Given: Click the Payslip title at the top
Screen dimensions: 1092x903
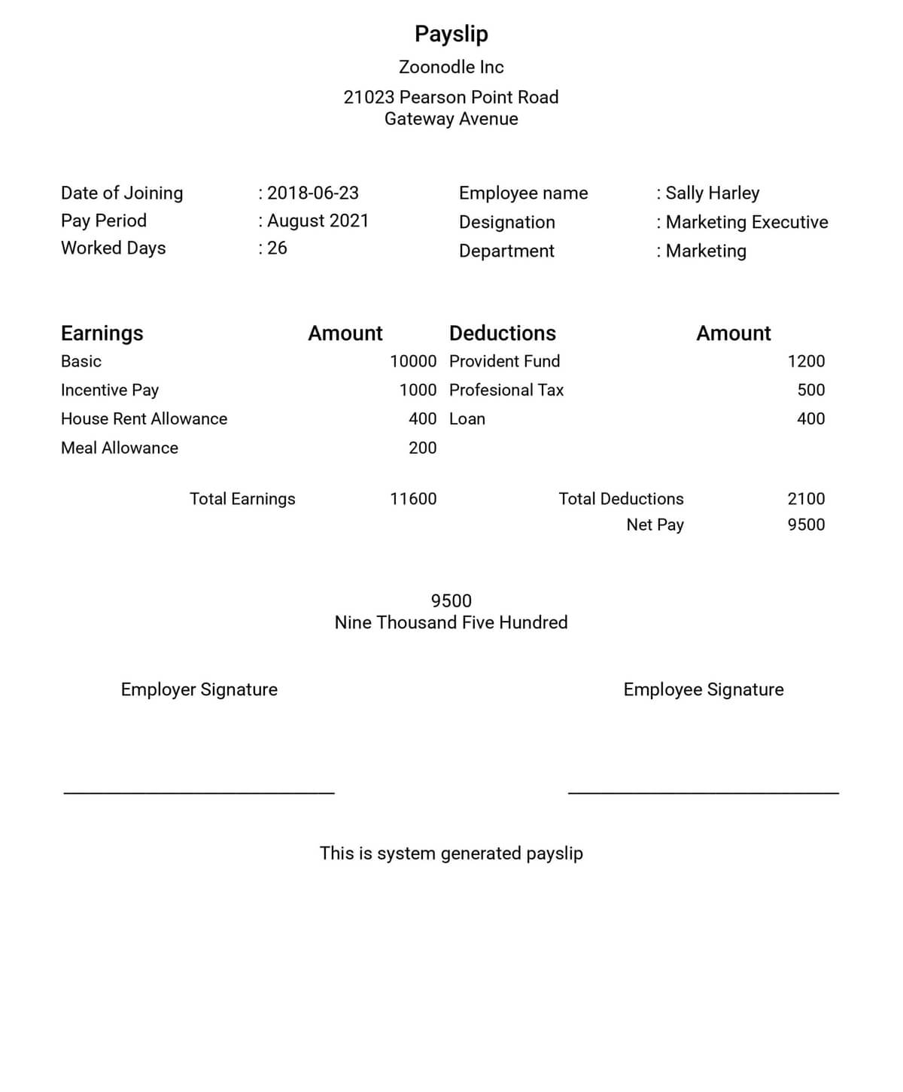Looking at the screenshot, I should point(451,34).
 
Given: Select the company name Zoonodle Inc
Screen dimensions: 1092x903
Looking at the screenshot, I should point(451,67).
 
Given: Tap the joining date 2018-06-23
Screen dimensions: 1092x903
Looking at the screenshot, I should point(312,193).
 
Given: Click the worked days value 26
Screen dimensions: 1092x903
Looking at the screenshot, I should point(277,248).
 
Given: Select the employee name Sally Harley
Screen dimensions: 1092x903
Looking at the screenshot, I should point(712,193).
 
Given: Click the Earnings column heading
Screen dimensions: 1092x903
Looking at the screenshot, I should point(102,333).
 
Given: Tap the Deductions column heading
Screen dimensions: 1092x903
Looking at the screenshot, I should point(502,333).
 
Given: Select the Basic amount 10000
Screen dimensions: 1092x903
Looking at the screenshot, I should point(413,361).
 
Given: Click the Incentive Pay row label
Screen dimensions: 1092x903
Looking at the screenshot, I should point(110,390).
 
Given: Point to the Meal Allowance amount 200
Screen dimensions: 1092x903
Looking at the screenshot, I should point(422,448).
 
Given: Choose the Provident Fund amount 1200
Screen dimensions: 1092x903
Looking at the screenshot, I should point(806,361).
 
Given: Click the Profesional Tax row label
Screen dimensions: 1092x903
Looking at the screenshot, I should point(506,390).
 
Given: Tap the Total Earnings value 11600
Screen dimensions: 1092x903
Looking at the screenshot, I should point(413,499).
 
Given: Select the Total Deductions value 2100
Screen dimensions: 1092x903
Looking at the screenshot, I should point(806,499).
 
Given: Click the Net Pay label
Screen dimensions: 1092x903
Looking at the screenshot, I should point(655,525).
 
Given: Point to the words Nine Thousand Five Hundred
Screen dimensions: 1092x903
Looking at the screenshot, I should point(451,622).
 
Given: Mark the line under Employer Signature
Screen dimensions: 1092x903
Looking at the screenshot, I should point(199,792).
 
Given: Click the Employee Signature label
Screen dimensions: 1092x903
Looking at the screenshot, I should point(703,689).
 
